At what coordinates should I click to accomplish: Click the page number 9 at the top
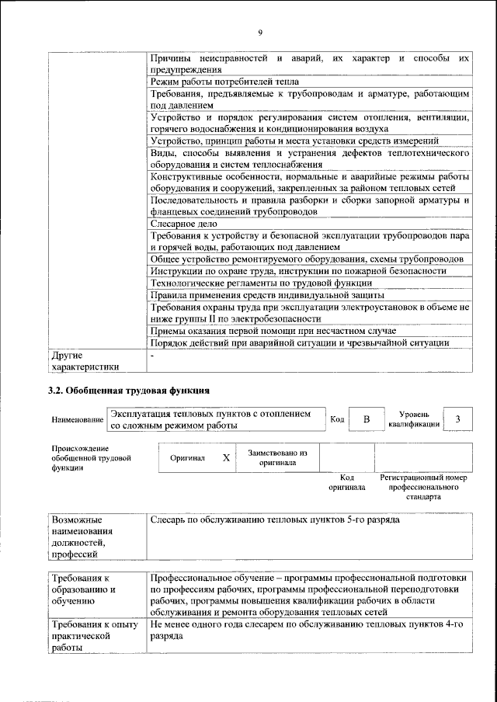coord(260,32)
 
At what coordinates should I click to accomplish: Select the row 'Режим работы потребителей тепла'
coord(224,81)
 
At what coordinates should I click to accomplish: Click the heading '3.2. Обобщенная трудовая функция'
coord(128,390)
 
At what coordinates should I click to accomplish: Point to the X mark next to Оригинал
coord(226,458)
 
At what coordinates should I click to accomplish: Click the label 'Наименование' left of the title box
coord(78,420)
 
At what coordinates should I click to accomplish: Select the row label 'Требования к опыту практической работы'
coord(93,638)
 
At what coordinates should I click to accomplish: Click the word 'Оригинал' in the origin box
coord(187,458)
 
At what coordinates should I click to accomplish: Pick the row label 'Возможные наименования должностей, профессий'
coord(82,536)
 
